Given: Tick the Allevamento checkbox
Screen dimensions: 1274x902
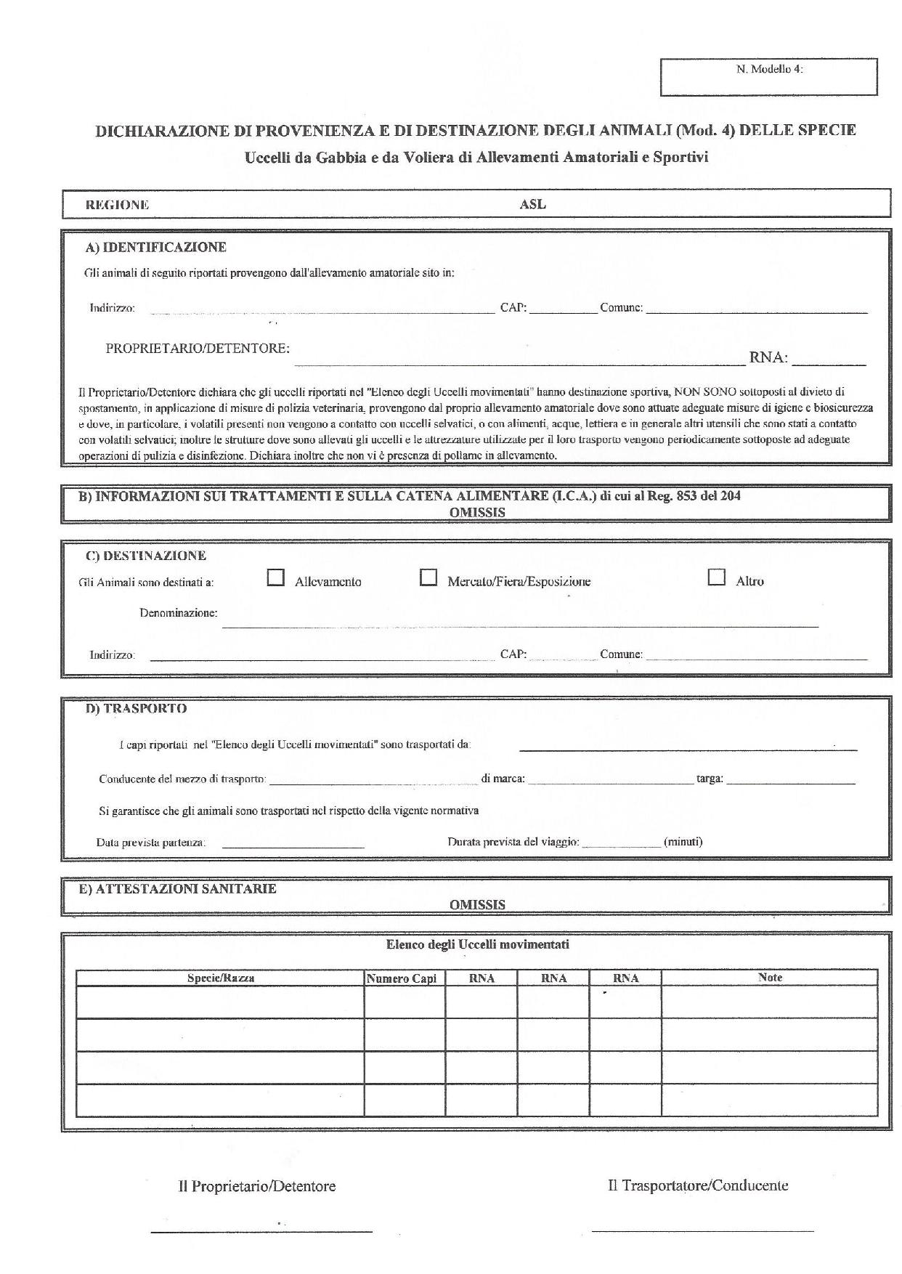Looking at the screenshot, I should tap(275, 577).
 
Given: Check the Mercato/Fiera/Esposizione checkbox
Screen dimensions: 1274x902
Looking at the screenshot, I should tap(428, 577).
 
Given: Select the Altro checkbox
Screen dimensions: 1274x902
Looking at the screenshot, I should tap(717, 577).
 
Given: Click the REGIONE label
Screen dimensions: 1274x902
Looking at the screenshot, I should tap(117, 205).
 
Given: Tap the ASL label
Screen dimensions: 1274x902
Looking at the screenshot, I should tap(532, 205).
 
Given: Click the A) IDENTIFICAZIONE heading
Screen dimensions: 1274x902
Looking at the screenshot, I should tap(155, 247).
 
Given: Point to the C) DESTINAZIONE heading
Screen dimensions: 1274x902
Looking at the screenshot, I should tap(145, 556).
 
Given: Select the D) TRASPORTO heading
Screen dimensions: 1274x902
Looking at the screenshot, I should tap(136, 708).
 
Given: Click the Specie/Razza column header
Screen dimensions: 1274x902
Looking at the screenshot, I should tap(221, 978).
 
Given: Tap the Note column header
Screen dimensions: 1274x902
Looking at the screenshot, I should tap(770, 978).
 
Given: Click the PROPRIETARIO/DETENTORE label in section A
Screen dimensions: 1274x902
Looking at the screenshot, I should tap(198, 348).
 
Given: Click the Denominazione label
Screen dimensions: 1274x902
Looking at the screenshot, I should tap(178, 612).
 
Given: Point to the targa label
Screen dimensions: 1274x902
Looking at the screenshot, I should tap(710, 779).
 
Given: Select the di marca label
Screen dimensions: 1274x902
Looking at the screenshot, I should tap(503, 779).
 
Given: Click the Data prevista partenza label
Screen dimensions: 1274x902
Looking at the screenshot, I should tap(151, 843).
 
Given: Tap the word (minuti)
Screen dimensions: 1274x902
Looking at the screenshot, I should tap(683, 842).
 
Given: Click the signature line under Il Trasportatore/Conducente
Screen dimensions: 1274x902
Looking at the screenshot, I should tap(702, 1230).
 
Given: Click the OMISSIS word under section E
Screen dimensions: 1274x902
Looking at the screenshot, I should tap(477, 905).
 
